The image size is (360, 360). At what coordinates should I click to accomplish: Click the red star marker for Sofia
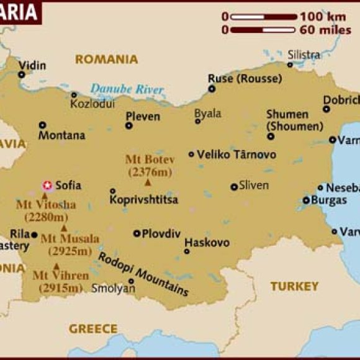(47, 185)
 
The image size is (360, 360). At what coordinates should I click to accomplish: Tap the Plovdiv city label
(161, 234)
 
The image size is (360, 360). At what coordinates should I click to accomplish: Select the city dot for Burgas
(306, 200)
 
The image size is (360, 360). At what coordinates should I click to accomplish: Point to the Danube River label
(127, 89)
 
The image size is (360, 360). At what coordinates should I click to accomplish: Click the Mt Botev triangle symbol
(148, 182)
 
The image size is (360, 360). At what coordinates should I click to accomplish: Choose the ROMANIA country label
(106, 60)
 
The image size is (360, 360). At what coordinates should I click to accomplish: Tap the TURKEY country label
(294, 286)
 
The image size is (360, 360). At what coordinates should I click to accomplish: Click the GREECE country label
(93, 328)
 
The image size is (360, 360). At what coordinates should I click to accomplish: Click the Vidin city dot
(22, 74)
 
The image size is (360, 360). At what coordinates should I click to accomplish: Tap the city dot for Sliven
(234, 186)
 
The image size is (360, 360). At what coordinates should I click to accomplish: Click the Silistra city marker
(290, 65)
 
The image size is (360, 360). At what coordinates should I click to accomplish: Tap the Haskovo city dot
(187, 251)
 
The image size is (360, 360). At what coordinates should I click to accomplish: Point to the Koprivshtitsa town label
(143, 200)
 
